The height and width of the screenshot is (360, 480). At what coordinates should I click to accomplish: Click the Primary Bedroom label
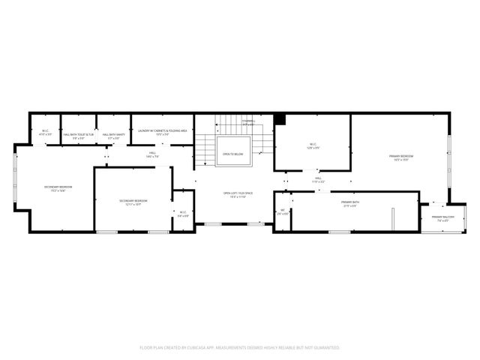click(x=401, y=156)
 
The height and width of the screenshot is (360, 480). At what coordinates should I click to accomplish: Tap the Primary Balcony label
click(x=439, y=217)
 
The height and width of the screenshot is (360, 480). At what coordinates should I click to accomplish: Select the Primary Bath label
click(x=350, y=202)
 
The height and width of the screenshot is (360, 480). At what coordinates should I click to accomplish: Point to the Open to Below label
click(x=232, y=154)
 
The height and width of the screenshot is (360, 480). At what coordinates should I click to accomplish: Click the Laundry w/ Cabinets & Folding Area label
click(x=162, y=130)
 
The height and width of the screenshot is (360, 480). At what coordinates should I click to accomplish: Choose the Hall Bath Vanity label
click(x=114, y=135)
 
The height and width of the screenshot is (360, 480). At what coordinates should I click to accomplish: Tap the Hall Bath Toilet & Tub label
click(x=78, y=135)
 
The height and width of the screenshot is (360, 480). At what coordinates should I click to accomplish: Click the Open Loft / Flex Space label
click(x=237, y=193)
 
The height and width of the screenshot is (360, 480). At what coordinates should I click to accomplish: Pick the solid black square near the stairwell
click(x=280, y=118)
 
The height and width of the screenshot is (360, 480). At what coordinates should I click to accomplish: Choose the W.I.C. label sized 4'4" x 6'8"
click(x=182, y=212)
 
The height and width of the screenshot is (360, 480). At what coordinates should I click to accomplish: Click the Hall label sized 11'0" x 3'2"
click(x=318, y=178)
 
